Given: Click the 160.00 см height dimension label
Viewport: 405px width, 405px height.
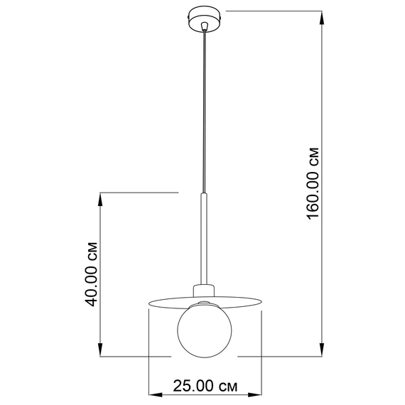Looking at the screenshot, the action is (313, 183).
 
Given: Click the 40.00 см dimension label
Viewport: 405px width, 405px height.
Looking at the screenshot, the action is (91, 274).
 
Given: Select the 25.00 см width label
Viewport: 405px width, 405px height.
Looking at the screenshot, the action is (205, 386).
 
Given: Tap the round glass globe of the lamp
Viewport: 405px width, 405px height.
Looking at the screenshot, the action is (205, 330).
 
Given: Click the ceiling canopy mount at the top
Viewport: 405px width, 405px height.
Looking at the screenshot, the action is (205, 20).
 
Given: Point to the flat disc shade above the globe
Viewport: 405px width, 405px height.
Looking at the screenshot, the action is (205, 302).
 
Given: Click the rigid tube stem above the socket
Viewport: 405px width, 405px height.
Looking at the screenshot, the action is (204, 239).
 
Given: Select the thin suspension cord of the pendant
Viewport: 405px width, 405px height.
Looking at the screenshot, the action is (205, 112).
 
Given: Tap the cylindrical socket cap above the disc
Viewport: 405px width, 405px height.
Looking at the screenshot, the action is (204, 291).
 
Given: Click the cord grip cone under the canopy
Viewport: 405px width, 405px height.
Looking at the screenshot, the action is (205, 26).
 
